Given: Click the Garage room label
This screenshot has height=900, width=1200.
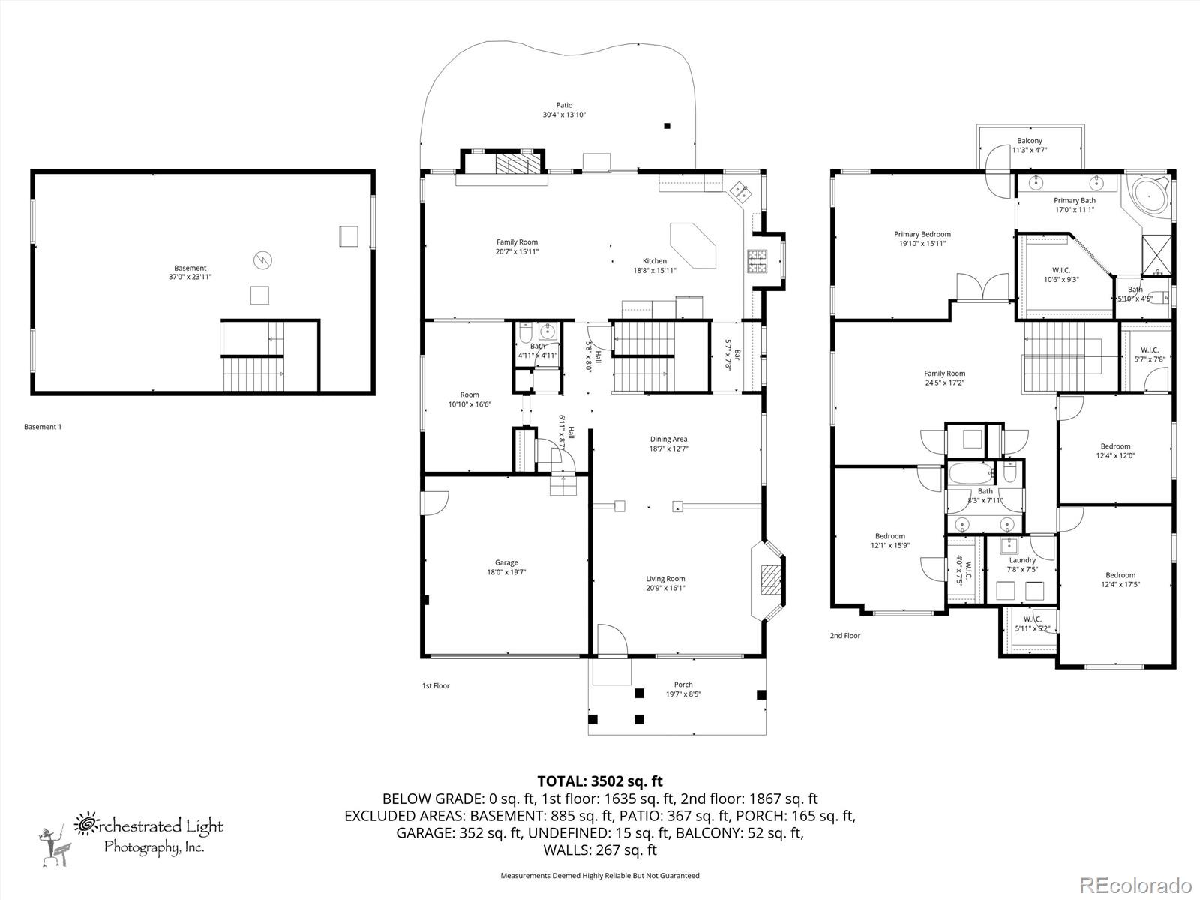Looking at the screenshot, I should click(506, 562).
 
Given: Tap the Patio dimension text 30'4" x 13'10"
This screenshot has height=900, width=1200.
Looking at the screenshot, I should click(564, 115).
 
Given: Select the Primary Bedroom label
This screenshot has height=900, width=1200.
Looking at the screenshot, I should click(922, 234).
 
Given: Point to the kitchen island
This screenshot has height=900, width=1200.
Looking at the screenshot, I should click(692, 244).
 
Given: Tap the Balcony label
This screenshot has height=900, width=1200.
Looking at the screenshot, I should click(1029, 141).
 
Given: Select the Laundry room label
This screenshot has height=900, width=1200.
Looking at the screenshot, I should click(1022, 560).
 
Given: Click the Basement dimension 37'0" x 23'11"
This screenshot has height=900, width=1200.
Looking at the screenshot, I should click(190, 277).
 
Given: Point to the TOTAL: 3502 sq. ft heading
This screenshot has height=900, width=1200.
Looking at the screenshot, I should click(600, 782).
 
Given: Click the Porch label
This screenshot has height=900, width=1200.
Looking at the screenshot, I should click(683, 685).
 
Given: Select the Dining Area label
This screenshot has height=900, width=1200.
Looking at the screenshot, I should click(668, 439).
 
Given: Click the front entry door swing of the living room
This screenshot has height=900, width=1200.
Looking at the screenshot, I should click(612, 641).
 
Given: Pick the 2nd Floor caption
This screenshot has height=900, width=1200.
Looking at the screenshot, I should click(844, 636).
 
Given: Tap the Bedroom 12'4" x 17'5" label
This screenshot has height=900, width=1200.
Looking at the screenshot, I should click(1120, 575).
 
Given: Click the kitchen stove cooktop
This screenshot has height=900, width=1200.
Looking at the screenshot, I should click(757, 259).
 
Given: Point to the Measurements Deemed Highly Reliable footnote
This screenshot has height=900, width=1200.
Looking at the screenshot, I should click(600, 875).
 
